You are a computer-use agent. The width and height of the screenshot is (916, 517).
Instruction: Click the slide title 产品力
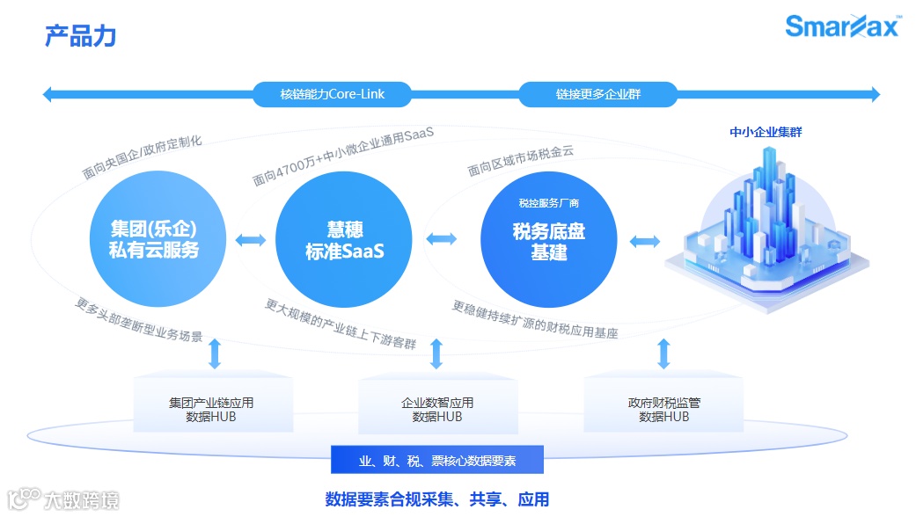(x=80, y=37)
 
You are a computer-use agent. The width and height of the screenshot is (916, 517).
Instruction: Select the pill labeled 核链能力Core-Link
(x=332, y=94)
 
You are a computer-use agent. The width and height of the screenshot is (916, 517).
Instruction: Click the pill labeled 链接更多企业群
(x=597, y=94)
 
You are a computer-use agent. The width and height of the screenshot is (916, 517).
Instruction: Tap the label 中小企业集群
(x=766, y=133)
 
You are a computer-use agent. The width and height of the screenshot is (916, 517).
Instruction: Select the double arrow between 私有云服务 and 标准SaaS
(x=250, y=240)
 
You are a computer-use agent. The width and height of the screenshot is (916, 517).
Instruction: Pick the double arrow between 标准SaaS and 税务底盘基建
(x=441, y=238)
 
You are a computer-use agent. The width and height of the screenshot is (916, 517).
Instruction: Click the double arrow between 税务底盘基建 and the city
(x=644, y=241)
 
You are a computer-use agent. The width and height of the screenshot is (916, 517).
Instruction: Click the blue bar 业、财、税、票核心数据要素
(x=437, y=460)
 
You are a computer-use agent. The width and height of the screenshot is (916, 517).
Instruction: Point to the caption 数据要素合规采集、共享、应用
(x=437, y=499)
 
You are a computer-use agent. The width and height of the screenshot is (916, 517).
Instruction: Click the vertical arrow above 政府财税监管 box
(x=664, y=353)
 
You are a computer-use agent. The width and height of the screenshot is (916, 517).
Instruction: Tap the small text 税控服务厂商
(x=548, y=203)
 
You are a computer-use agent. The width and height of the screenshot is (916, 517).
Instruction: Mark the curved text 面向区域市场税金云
(x=520, y=160)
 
